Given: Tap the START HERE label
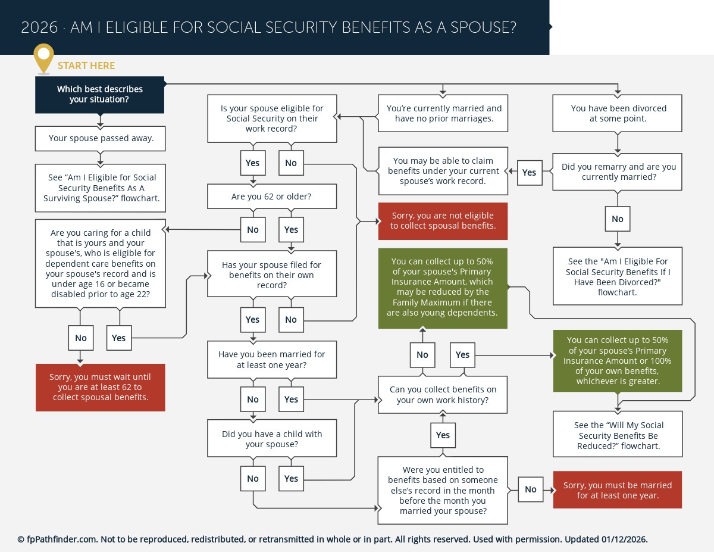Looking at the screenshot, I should pyautogui.click(x=86, y=66).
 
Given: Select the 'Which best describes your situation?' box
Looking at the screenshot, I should pyautogui.click(x=100, y=94).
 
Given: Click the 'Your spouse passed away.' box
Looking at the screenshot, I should pyautogui.click(x=100, y=138).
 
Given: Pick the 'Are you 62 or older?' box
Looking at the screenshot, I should pyautogui.click(x=271, y=196).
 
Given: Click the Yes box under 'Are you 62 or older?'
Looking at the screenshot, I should pyautogui.click(x=291, y=230).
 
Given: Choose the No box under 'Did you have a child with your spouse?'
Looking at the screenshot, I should pyautogui.click(x=253, y=479).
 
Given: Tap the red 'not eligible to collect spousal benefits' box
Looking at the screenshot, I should pyautogui.click(x=443, y=221).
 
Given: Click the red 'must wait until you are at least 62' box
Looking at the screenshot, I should pyautogui.click(x=100, y=387).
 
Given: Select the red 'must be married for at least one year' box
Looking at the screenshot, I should pyautogui.click(x=617, y=490).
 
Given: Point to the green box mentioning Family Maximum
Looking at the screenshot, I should pyautogui.click(x=443, y=288).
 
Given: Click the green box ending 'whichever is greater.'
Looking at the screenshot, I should pyautogui.click(x=617, y=360).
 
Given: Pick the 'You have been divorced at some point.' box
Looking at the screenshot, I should pyautogui.click(x=617, y=113).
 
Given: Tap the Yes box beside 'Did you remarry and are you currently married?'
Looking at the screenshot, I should pyautogui.click(x=529, y=173).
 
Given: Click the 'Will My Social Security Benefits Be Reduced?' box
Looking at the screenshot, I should pyautogui.click(x=617, y=435).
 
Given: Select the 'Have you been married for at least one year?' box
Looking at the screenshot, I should pyautogui.click(x=271, y=359).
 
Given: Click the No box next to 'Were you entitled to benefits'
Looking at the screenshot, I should pyautogui.click(x=530, y=489).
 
